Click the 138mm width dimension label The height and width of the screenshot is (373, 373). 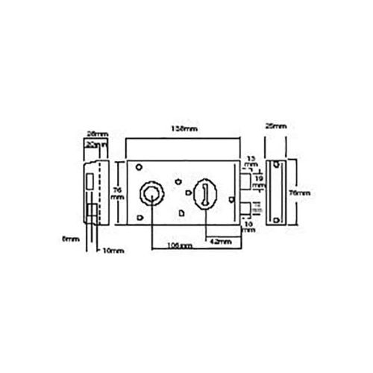point(184,128)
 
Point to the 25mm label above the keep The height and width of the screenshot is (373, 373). point(275,128)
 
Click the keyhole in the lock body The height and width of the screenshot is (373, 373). point(204,194)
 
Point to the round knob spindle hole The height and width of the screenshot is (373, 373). point(151,195)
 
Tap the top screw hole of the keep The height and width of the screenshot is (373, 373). point(277,165)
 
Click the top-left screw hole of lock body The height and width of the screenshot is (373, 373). point(138,167)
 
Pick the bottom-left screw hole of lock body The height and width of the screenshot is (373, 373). point(138,217)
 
